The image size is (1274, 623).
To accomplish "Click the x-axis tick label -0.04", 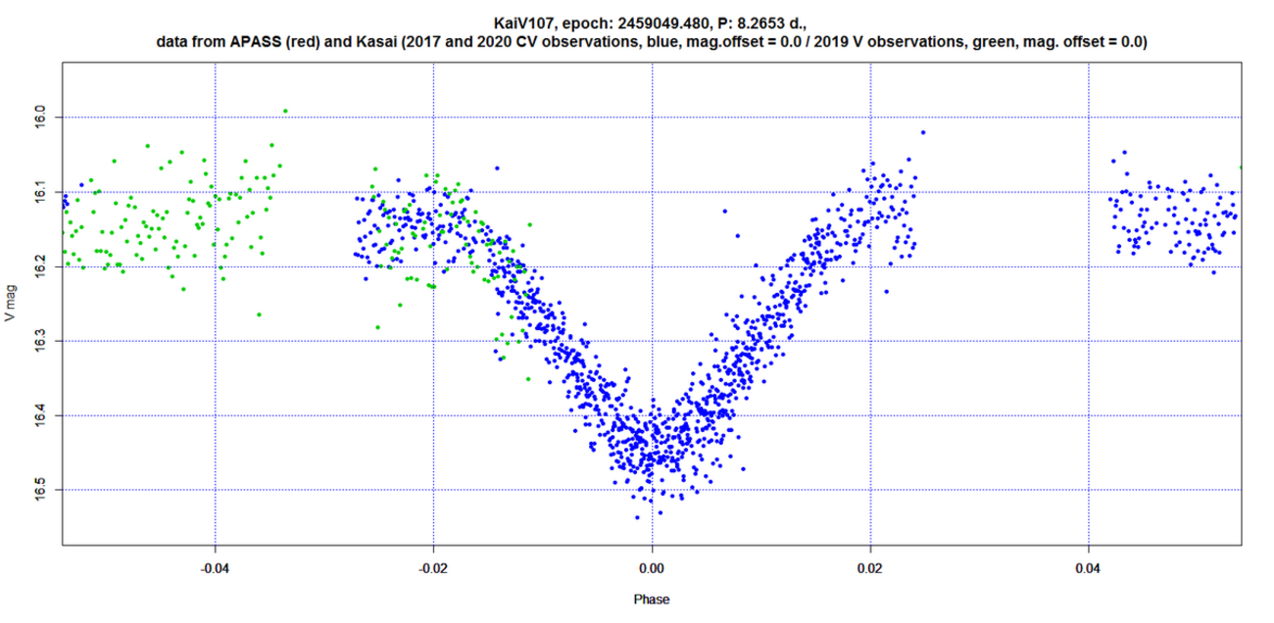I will (x=216, y=567).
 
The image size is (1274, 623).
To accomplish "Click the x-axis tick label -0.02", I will (x=433, y=567).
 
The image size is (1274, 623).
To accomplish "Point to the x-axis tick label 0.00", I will (x=652, y=567).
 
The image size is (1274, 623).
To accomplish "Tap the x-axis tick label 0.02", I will (x=870, y=567).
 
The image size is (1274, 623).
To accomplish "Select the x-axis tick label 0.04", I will (x=1088, y=567).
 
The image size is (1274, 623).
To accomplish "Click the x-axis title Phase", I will (x=652, y=599).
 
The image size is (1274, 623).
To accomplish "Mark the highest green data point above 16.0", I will (x=285, y=111).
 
